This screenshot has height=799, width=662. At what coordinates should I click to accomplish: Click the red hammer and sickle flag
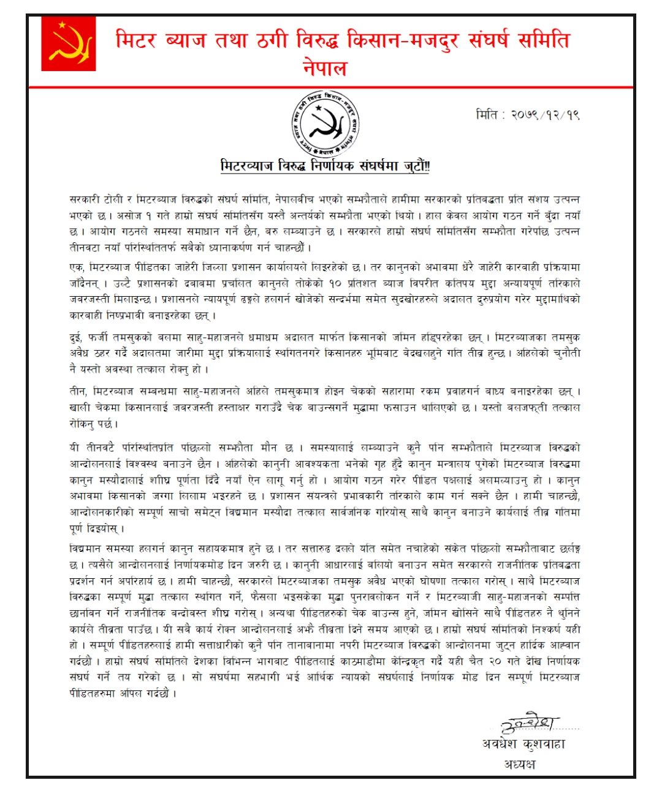pos(69,44)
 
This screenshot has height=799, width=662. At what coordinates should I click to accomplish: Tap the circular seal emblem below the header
pos(325,124)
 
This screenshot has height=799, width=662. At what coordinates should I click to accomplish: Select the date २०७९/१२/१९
pos(545,115)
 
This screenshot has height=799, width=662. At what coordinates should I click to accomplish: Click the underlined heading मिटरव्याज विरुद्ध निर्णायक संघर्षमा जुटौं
pos(325,166)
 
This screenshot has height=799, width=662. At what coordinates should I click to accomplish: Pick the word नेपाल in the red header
pos(325,67)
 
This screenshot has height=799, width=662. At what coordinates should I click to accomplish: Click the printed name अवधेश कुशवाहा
pos(523,744)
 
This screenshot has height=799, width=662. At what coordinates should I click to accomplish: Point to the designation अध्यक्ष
pos(520,764)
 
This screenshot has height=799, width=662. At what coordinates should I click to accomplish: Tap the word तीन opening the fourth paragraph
pos(78,391)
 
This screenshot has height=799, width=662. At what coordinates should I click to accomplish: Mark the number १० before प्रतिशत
pos(335,283)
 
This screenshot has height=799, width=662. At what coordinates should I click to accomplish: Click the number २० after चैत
pos(496,661)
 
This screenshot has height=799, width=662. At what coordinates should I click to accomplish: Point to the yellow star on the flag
pos(61,25)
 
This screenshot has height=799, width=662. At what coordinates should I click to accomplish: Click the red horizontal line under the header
pos(331,88)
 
